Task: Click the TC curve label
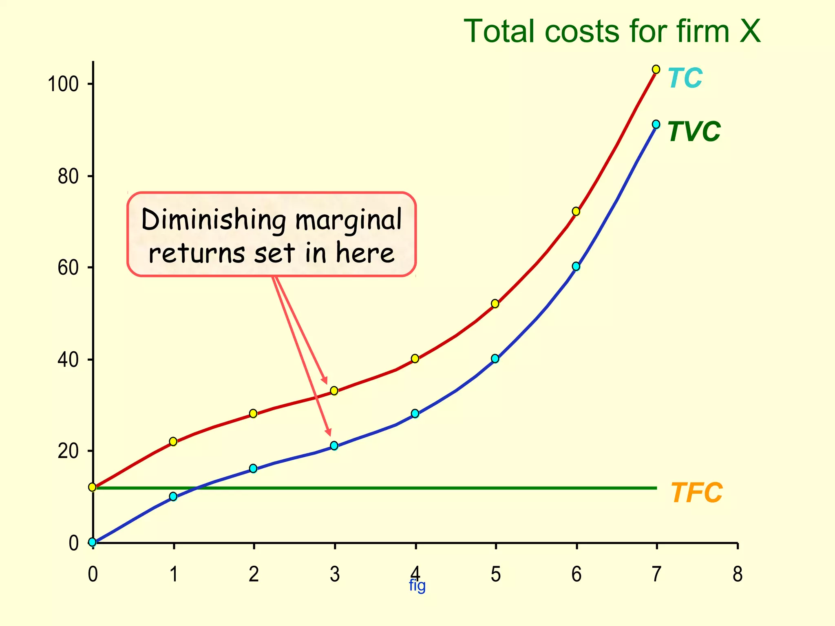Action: click(x=685, y=78)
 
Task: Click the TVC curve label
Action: click(x=694, y=132)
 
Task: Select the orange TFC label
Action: click(x=696, y=493)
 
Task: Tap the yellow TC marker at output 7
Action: click(x=656, y=69)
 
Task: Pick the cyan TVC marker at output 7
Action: click(x=656, y=124)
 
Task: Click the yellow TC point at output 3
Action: click(x=334, y=390)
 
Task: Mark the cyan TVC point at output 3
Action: click(x=334, y=445)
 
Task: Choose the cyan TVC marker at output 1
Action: click(x=173, y=496)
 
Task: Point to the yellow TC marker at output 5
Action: click(x=495, y=304)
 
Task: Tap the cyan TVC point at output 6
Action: click(x=576, y=266)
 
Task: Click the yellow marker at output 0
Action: click(x=93, y=487)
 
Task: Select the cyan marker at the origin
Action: click(x=93, y=542)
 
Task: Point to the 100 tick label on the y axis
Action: click(x=63, y=84)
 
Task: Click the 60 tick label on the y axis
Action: click(x=68, y=268)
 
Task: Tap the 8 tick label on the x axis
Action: click(x=737, y=574)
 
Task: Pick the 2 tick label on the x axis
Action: click(x=254, y=574)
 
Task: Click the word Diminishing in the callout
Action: click(x=214, y=220)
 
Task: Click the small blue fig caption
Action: click(x=417, y=586)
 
